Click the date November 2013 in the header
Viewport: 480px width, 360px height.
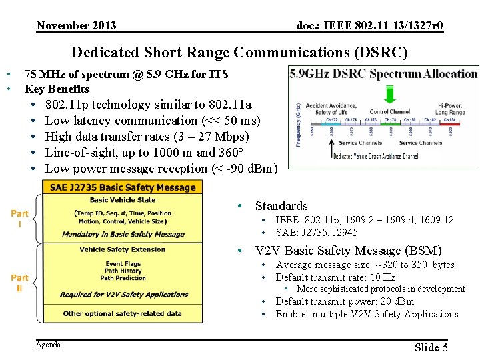[76, 26]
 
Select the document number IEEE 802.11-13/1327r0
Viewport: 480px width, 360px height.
[369, 26]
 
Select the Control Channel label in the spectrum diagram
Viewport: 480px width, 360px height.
[389, 112]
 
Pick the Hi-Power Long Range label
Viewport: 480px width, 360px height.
[451, 109]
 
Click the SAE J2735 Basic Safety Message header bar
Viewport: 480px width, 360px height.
[122, 187]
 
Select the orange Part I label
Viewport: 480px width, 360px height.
[20, 218]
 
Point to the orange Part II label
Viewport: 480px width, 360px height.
[20, 283]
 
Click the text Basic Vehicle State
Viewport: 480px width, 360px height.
[123, 200]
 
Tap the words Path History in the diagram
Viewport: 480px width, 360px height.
[123, 271]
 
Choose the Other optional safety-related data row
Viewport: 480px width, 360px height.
[123, 313]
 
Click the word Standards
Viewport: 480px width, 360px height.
[281, 206]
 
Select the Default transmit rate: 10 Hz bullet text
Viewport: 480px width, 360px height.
[335, 277]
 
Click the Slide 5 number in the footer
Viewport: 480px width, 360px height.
[431, 347]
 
